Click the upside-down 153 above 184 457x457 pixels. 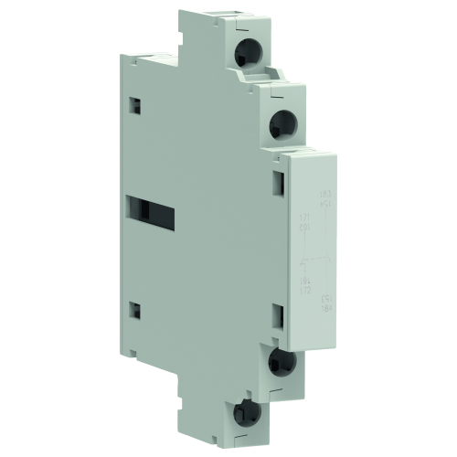coord(325,299)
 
